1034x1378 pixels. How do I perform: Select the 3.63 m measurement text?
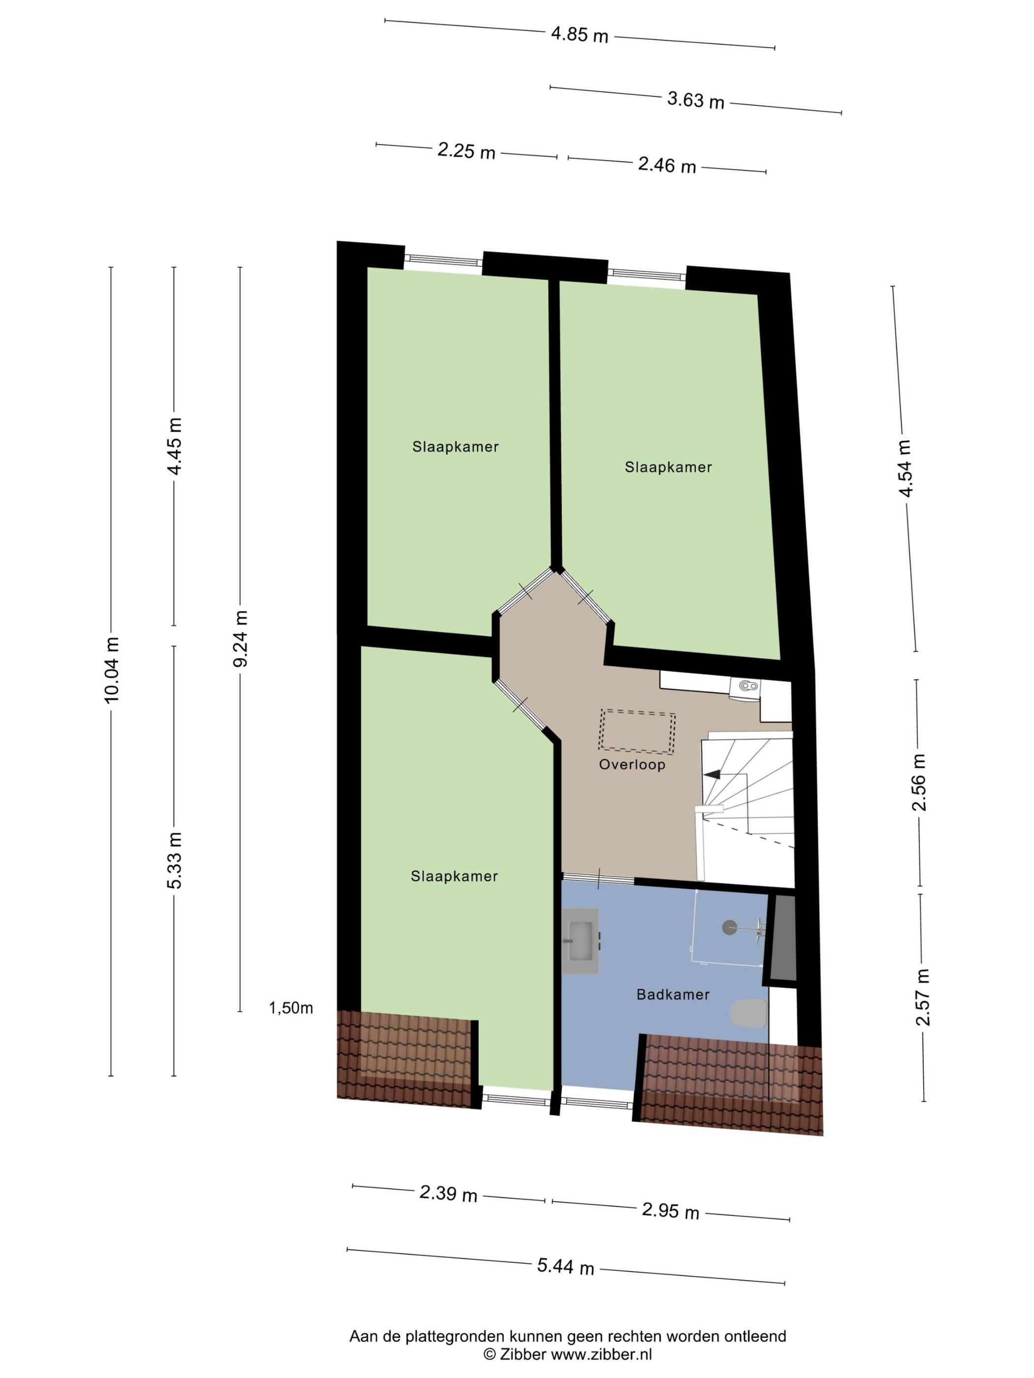coord(696,100)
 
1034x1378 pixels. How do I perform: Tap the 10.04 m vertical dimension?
coord(111,670)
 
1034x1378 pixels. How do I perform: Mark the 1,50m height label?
coord(291,1008)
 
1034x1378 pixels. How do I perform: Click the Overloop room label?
coord(632,764)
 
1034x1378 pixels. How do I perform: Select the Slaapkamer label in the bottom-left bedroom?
coord(454,877)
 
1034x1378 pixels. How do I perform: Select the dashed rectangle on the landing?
coord(636,730)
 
